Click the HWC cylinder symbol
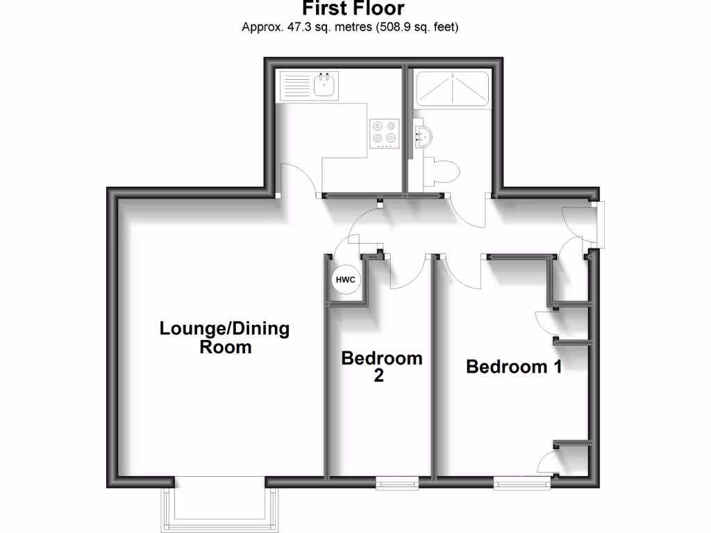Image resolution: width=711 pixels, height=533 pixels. click(x=346, y=280)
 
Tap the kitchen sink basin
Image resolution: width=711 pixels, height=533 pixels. click(x=325, y=86)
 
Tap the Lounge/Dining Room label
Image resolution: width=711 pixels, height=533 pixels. click(x=225, y=337)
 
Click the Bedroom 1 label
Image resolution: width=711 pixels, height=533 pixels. click(x=514, y=366)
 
